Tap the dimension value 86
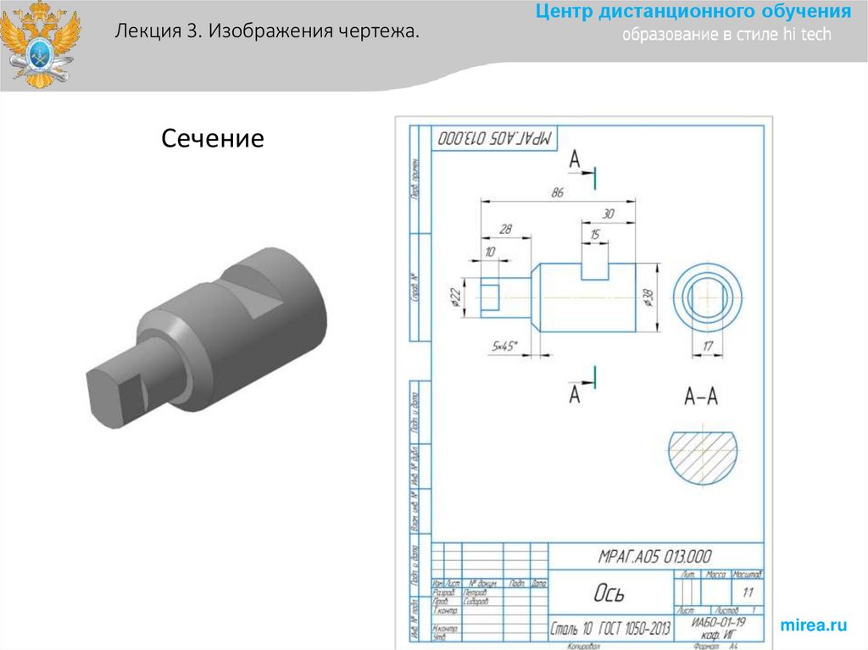pyautogui.click(x=557, y=193)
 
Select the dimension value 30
pyautogui.click(x=608, y=214)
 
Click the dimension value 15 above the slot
pyautogui.click(x=594, y=234)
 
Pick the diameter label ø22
pyautogui.click(x=455, y=298)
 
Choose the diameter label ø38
pyautogui.click(x=648, y=298)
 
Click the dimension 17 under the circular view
pyautogui.click(x=708, y=345)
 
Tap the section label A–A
pyautogui.click(x=700, y=396)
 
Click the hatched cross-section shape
pyautogui.click(x=703, y=454)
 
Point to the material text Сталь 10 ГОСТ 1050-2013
pyautogui.click(x=610, y=629)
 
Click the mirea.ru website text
pyautogui.click(x=813, y=625)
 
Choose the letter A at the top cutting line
pyautogui.click(x=576, y=159)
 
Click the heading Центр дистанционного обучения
pyautogui.click(x=693, y=12)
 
